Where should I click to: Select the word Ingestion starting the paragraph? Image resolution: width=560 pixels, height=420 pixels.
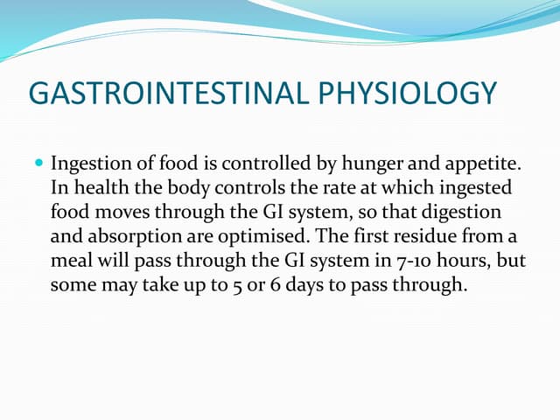click(92, 164)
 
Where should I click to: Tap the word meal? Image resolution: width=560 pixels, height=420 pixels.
click(70, 262)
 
